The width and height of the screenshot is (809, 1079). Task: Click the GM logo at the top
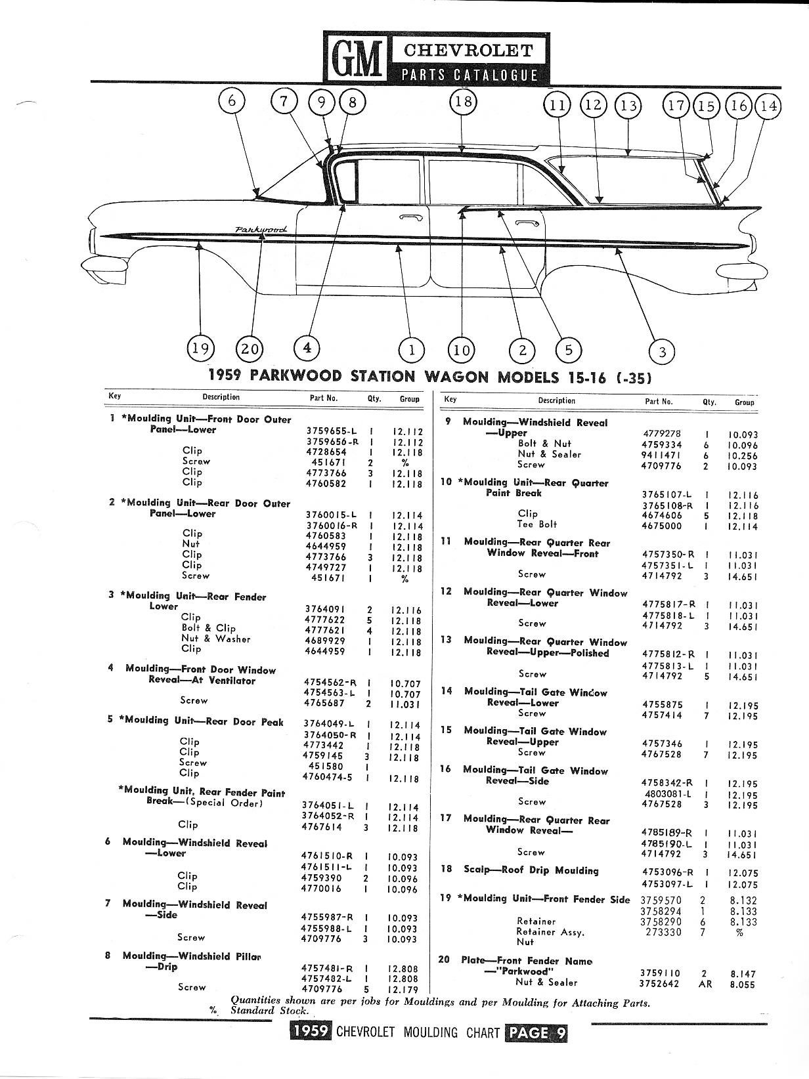pos(356,58)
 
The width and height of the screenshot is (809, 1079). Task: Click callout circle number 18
pos(463,103)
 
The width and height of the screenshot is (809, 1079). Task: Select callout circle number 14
pos(768,106)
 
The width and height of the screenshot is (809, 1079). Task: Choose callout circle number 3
pos(662,352)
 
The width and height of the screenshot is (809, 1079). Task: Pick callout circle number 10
pos(462,349)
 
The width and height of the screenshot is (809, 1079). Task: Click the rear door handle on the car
pos(524,224)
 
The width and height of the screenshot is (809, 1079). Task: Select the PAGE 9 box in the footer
pos(536,1032)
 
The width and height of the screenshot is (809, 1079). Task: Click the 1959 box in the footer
pos(311,1032)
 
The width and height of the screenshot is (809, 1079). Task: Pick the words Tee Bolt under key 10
pos(536,524)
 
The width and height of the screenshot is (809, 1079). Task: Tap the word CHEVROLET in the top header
pos(468,50)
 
